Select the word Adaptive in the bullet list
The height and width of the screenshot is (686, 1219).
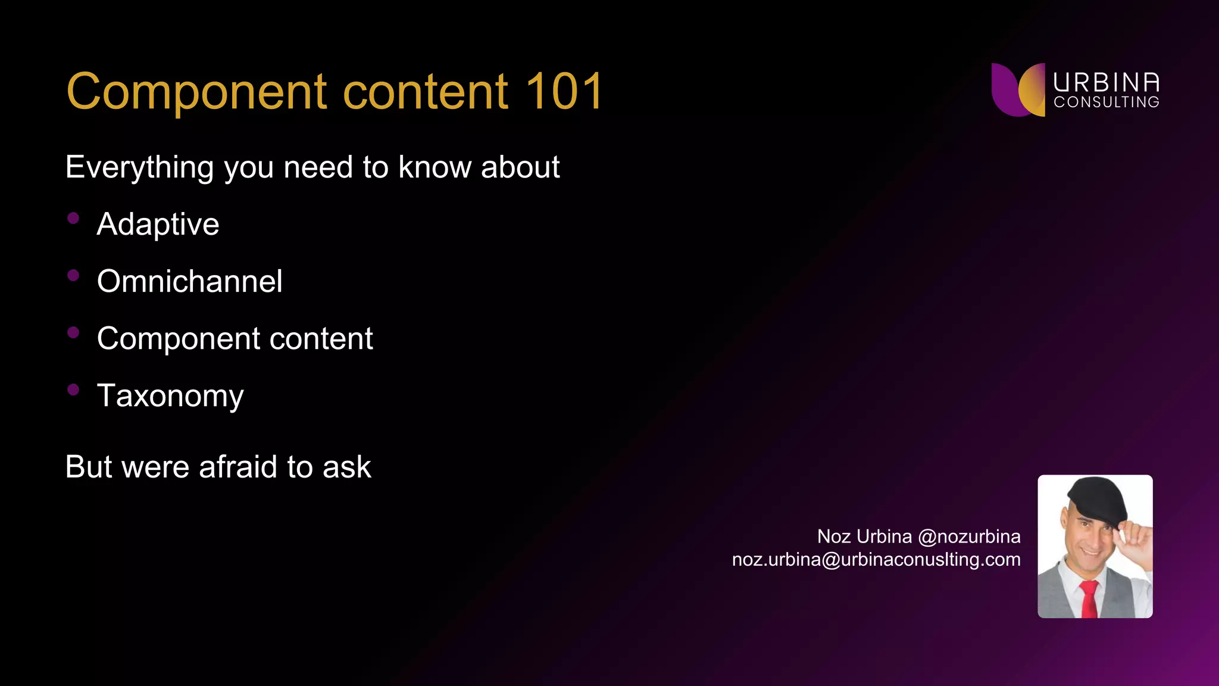158,224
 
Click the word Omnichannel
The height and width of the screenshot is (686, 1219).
189,281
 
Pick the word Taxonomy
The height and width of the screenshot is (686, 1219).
170,396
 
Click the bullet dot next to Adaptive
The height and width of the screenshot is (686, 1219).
73,218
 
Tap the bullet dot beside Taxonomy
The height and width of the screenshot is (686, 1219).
73,389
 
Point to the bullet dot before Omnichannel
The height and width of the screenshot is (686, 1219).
73,275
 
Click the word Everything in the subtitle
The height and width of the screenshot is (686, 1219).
139,167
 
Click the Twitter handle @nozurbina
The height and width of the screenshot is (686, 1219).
969,537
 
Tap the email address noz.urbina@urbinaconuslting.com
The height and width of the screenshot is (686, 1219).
876,560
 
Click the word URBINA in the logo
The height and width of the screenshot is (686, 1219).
1106,83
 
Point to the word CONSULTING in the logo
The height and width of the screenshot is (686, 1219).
1106,102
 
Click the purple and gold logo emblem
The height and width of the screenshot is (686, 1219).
1018,89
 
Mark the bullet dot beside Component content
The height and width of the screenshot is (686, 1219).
73,332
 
